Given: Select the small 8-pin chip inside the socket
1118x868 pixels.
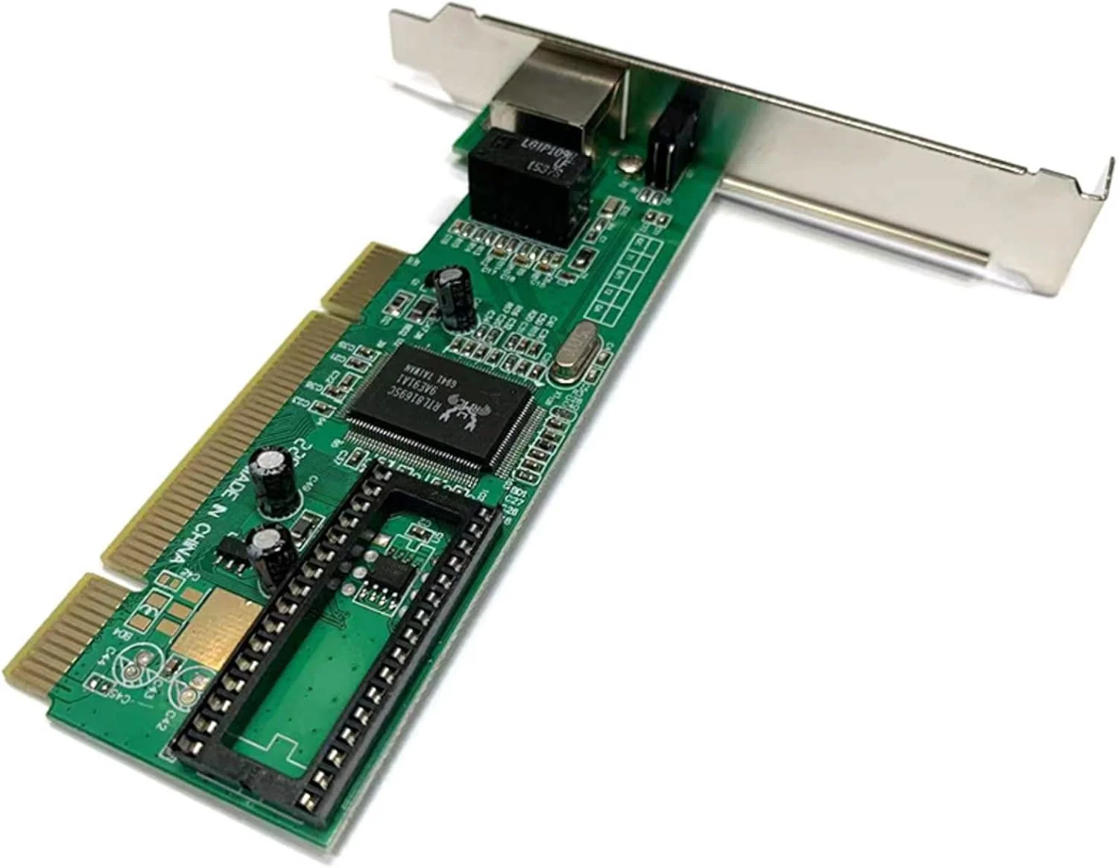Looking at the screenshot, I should (x=388, y=577).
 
